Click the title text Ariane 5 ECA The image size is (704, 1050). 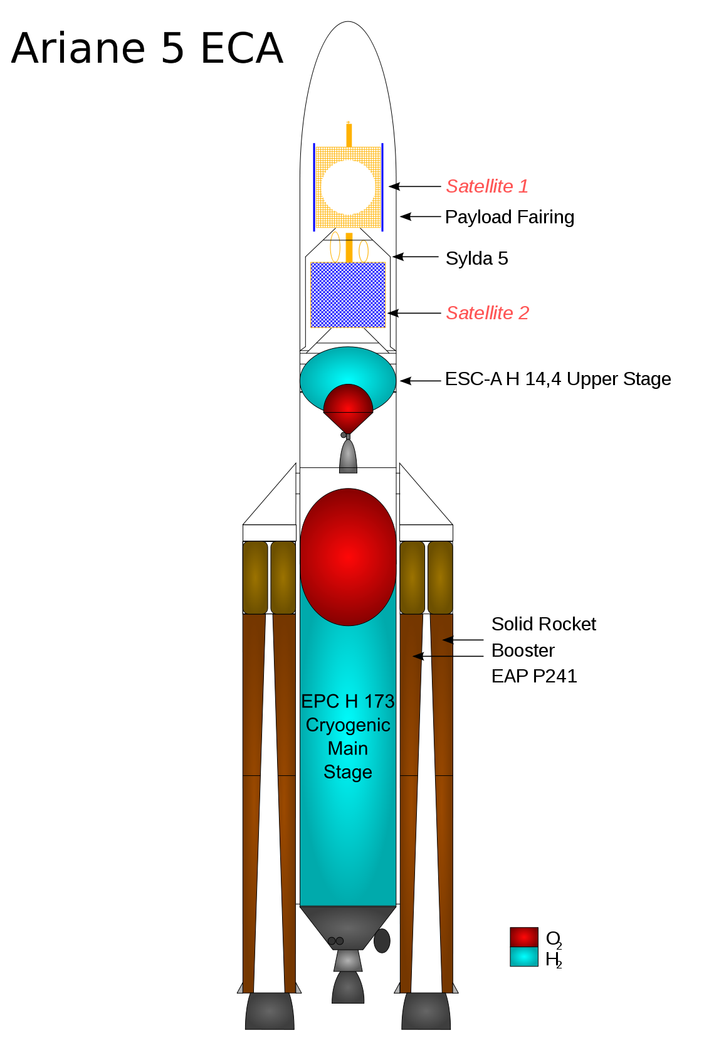tap(147, 48)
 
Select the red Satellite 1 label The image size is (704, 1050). tap(487, 186)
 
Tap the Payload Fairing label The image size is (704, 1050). tap(510, 217)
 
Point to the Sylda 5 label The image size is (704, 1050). tap(477, 258)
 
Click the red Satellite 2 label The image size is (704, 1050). tap(488, 313)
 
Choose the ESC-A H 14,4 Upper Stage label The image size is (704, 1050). tap(558, 379)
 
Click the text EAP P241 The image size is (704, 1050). tap(534, 676)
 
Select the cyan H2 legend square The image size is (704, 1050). tap(523, 957)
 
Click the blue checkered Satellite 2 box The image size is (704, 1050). tap(348, 295)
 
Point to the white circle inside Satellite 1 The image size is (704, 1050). tap(348, 188)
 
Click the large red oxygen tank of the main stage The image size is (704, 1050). tap(348, 558)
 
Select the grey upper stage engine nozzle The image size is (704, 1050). tap(348, 456)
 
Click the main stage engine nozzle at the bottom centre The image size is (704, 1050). tap(348, 987)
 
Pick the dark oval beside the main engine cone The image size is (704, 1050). tap(382, 941)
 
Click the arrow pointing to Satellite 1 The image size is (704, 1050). tap(414, 186)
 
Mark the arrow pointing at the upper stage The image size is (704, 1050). tap(420, 381)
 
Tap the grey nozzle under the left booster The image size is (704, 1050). tap(270, 1010)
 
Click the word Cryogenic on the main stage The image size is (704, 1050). tap(348, 725)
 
